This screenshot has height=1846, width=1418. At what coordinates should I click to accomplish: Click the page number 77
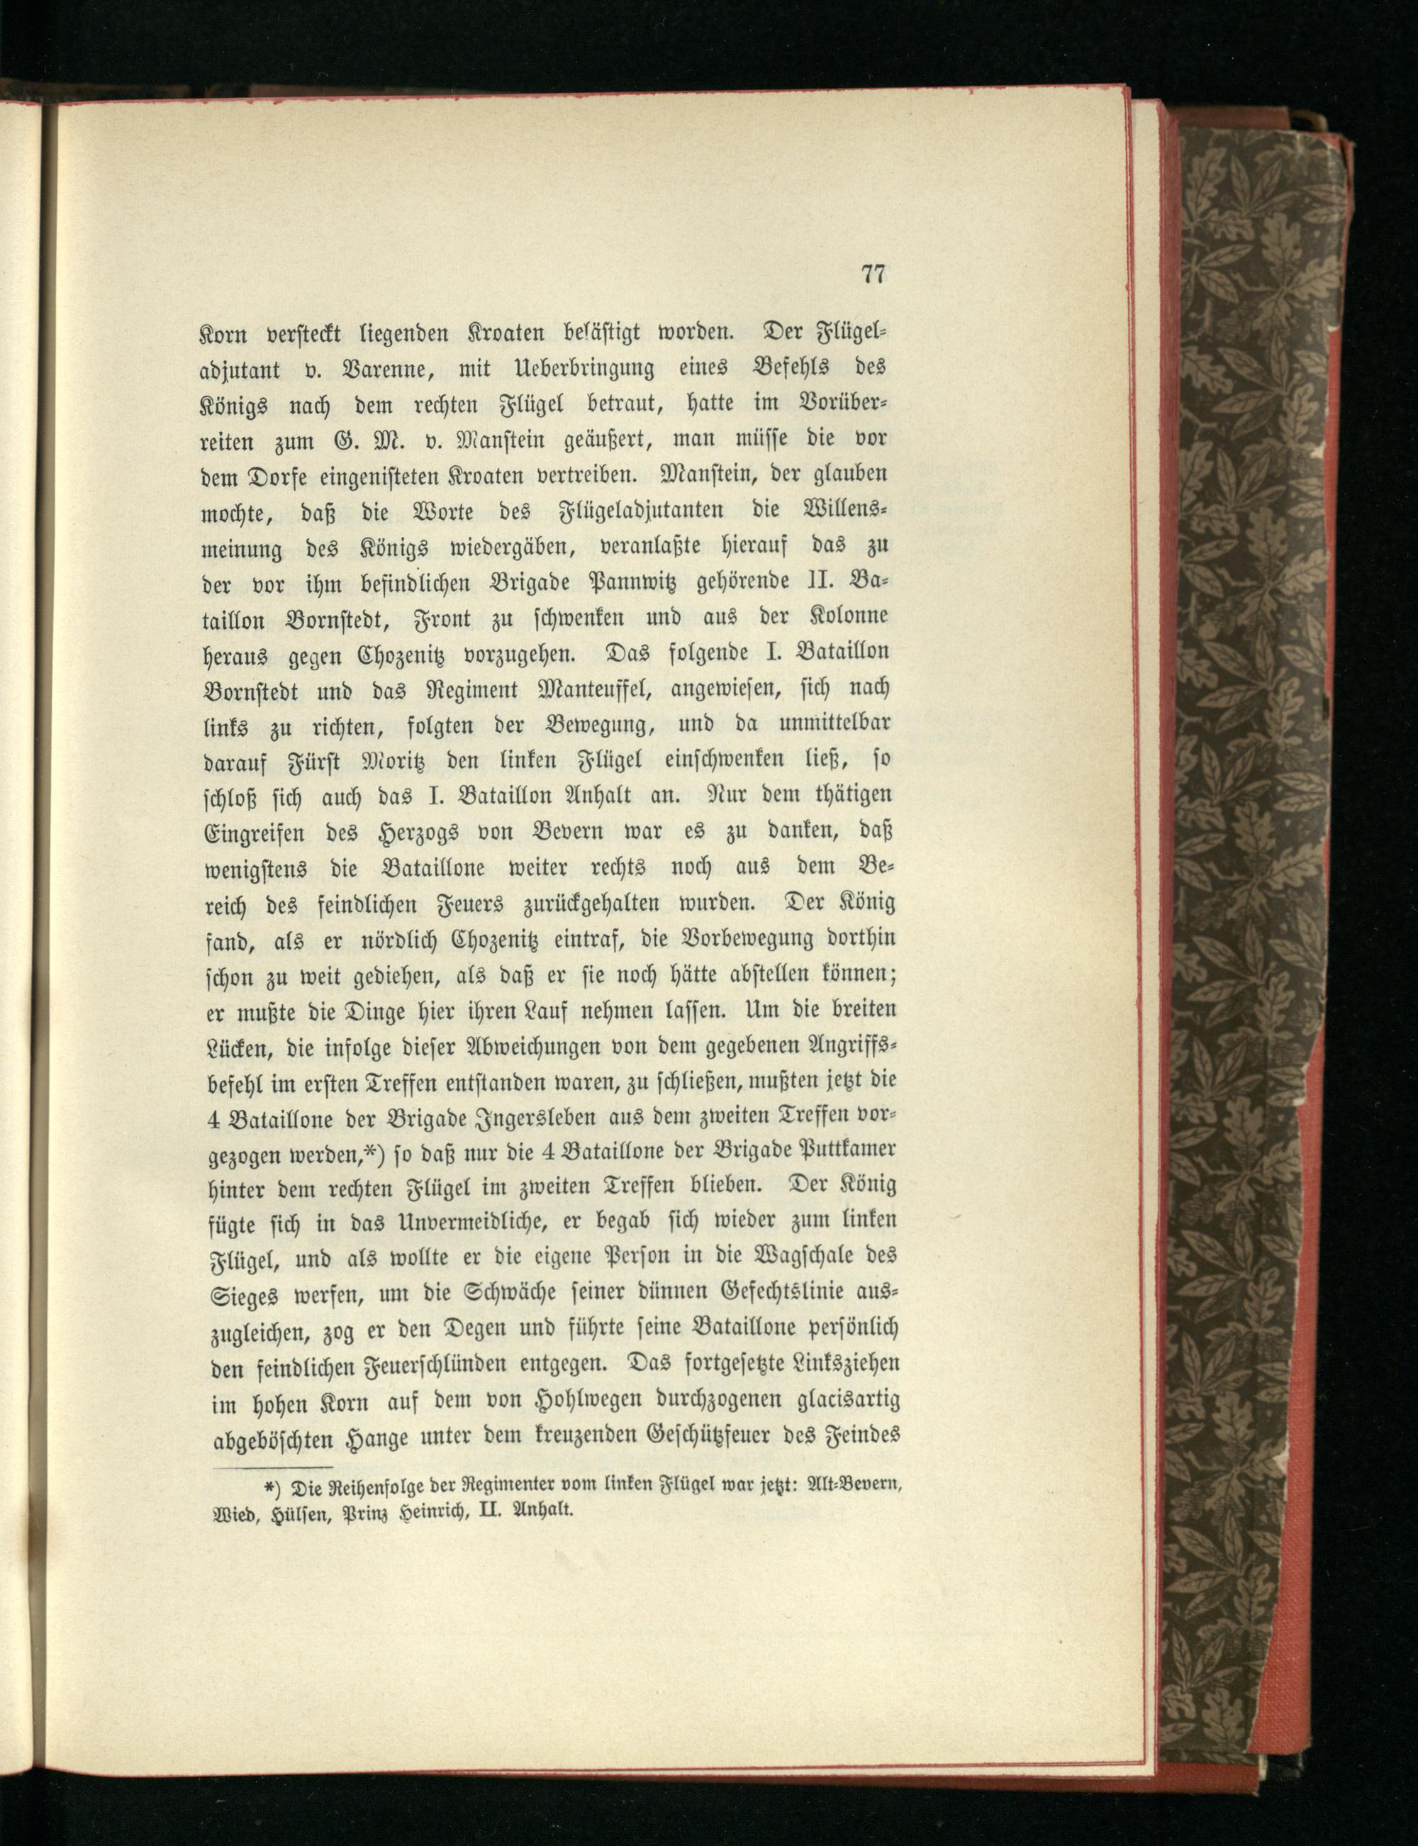click(x=873, y=274)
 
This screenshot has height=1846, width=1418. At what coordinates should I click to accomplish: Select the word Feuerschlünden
click(x=423, y=1365)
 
